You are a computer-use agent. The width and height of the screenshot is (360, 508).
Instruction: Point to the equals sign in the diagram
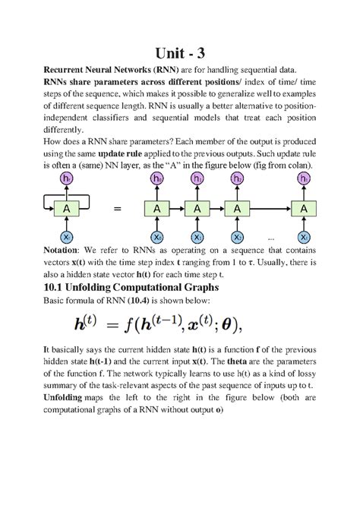(115, 208)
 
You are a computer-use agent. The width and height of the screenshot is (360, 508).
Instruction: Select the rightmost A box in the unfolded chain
(305, 208)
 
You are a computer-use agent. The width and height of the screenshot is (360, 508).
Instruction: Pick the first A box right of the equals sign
(157, 208)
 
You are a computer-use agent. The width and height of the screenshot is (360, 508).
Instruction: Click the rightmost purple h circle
(305, 179)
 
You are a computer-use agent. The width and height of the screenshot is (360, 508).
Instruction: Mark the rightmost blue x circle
(305, 237)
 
